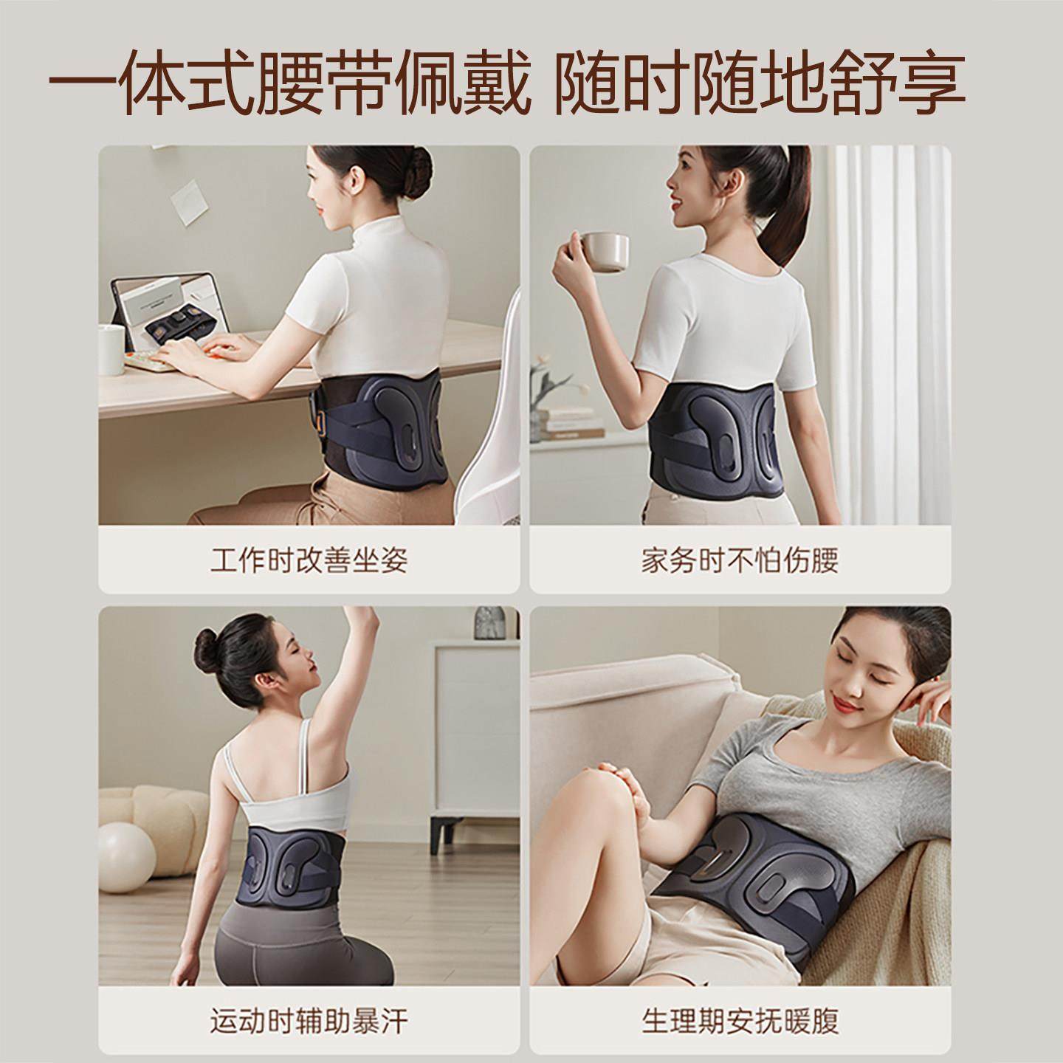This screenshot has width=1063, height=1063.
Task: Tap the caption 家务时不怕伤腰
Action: (x=740, y=561)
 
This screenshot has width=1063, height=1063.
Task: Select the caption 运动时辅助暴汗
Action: (x=309, y=1022)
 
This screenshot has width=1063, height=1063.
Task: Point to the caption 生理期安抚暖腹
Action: (x=740, y=1022)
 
